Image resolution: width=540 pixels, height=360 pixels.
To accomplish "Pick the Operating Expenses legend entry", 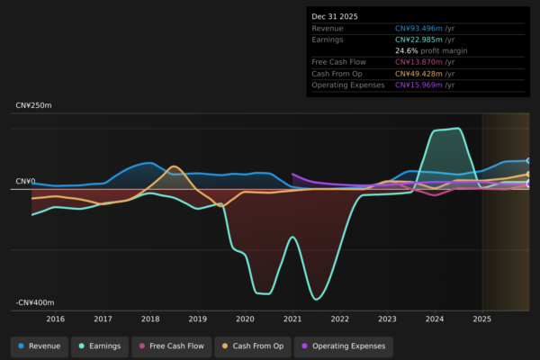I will pyautogui.click(x=343, y=346).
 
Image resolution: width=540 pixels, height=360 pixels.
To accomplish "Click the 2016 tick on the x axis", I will pyautogui.click(x=56, y=319).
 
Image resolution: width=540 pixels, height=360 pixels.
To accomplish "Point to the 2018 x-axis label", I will pyautogui.click(x=150, y=319).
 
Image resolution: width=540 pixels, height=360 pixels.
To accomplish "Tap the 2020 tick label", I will pyautogui.click(x=245, y=319).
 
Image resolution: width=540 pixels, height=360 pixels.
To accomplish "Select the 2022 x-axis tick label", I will pyautogui.click(x=339, y=319).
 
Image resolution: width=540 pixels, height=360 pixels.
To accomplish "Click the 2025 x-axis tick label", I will pyautogui.click(x=481, y=319).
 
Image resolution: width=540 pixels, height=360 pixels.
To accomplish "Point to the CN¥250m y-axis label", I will pyautogui.click(x=34, y=105).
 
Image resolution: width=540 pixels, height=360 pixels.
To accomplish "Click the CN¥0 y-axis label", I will pyautogui.click(x=24, y=181).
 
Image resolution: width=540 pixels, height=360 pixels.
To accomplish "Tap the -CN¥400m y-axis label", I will pyautogui.click(x=35, y=303).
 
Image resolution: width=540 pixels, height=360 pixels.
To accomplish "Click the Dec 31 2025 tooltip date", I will pyautogui.click(x=334, y=16).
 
